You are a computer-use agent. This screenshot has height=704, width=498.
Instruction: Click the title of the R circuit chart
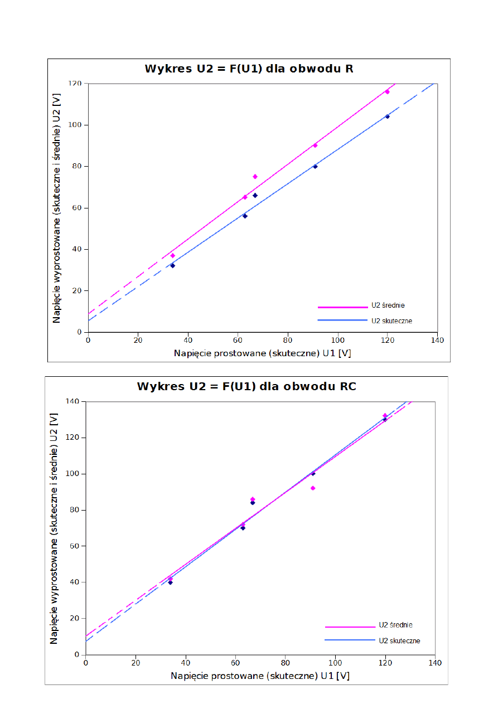pyautogui.click(x=249, y=69)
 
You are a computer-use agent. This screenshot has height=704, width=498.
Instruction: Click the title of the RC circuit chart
pyautogui.click(x=246, y=386)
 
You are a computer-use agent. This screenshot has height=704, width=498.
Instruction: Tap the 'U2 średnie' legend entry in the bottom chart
pyautogui.click(x=395, y=625)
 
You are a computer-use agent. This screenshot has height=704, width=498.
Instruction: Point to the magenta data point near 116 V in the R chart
pyautogui.click(x=387, y=92)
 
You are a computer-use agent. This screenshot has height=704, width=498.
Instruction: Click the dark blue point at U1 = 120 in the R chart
pyautogui.click(x=387, y=116)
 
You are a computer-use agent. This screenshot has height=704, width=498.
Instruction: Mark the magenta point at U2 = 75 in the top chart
pyautogui.click(x=255, y=177)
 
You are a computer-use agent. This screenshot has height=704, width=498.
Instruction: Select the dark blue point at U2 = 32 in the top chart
pyautogui.click(x=172, y=265)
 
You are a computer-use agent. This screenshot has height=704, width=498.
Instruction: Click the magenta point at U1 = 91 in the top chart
pyautogui.click(x=315, y=145)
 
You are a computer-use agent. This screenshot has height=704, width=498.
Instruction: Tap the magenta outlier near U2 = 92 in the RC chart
pyautogui.click(x=313, y=488)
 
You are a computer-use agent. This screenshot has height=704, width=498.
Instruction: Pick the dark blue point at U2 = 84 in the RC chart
pyautogui.click(x=252, y=502)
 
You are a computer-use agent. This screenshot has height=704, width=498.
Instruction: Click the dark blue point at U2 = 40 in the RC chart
pyautogui.click(x=170, y=582)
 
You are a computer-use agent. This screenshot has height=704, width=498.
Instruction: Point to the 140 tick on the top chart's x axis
pyautogui.click(x=437, y=339)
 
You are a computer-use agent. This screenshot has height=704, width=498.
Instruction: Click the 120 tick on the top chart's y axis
pyautogui.click(x=75, y=84)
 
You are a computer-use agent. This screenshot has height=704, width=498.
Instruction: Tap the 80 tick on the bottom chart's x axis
pyautogui.click(x=285, y=663)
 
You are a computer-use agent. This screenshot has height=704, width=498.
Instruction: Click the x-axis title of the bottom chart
pyautogui.click(x=260, y=676)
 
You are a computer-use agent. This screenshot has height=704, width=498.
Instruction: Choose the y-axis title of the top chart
pyautogui.click(x=57, y=208)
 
